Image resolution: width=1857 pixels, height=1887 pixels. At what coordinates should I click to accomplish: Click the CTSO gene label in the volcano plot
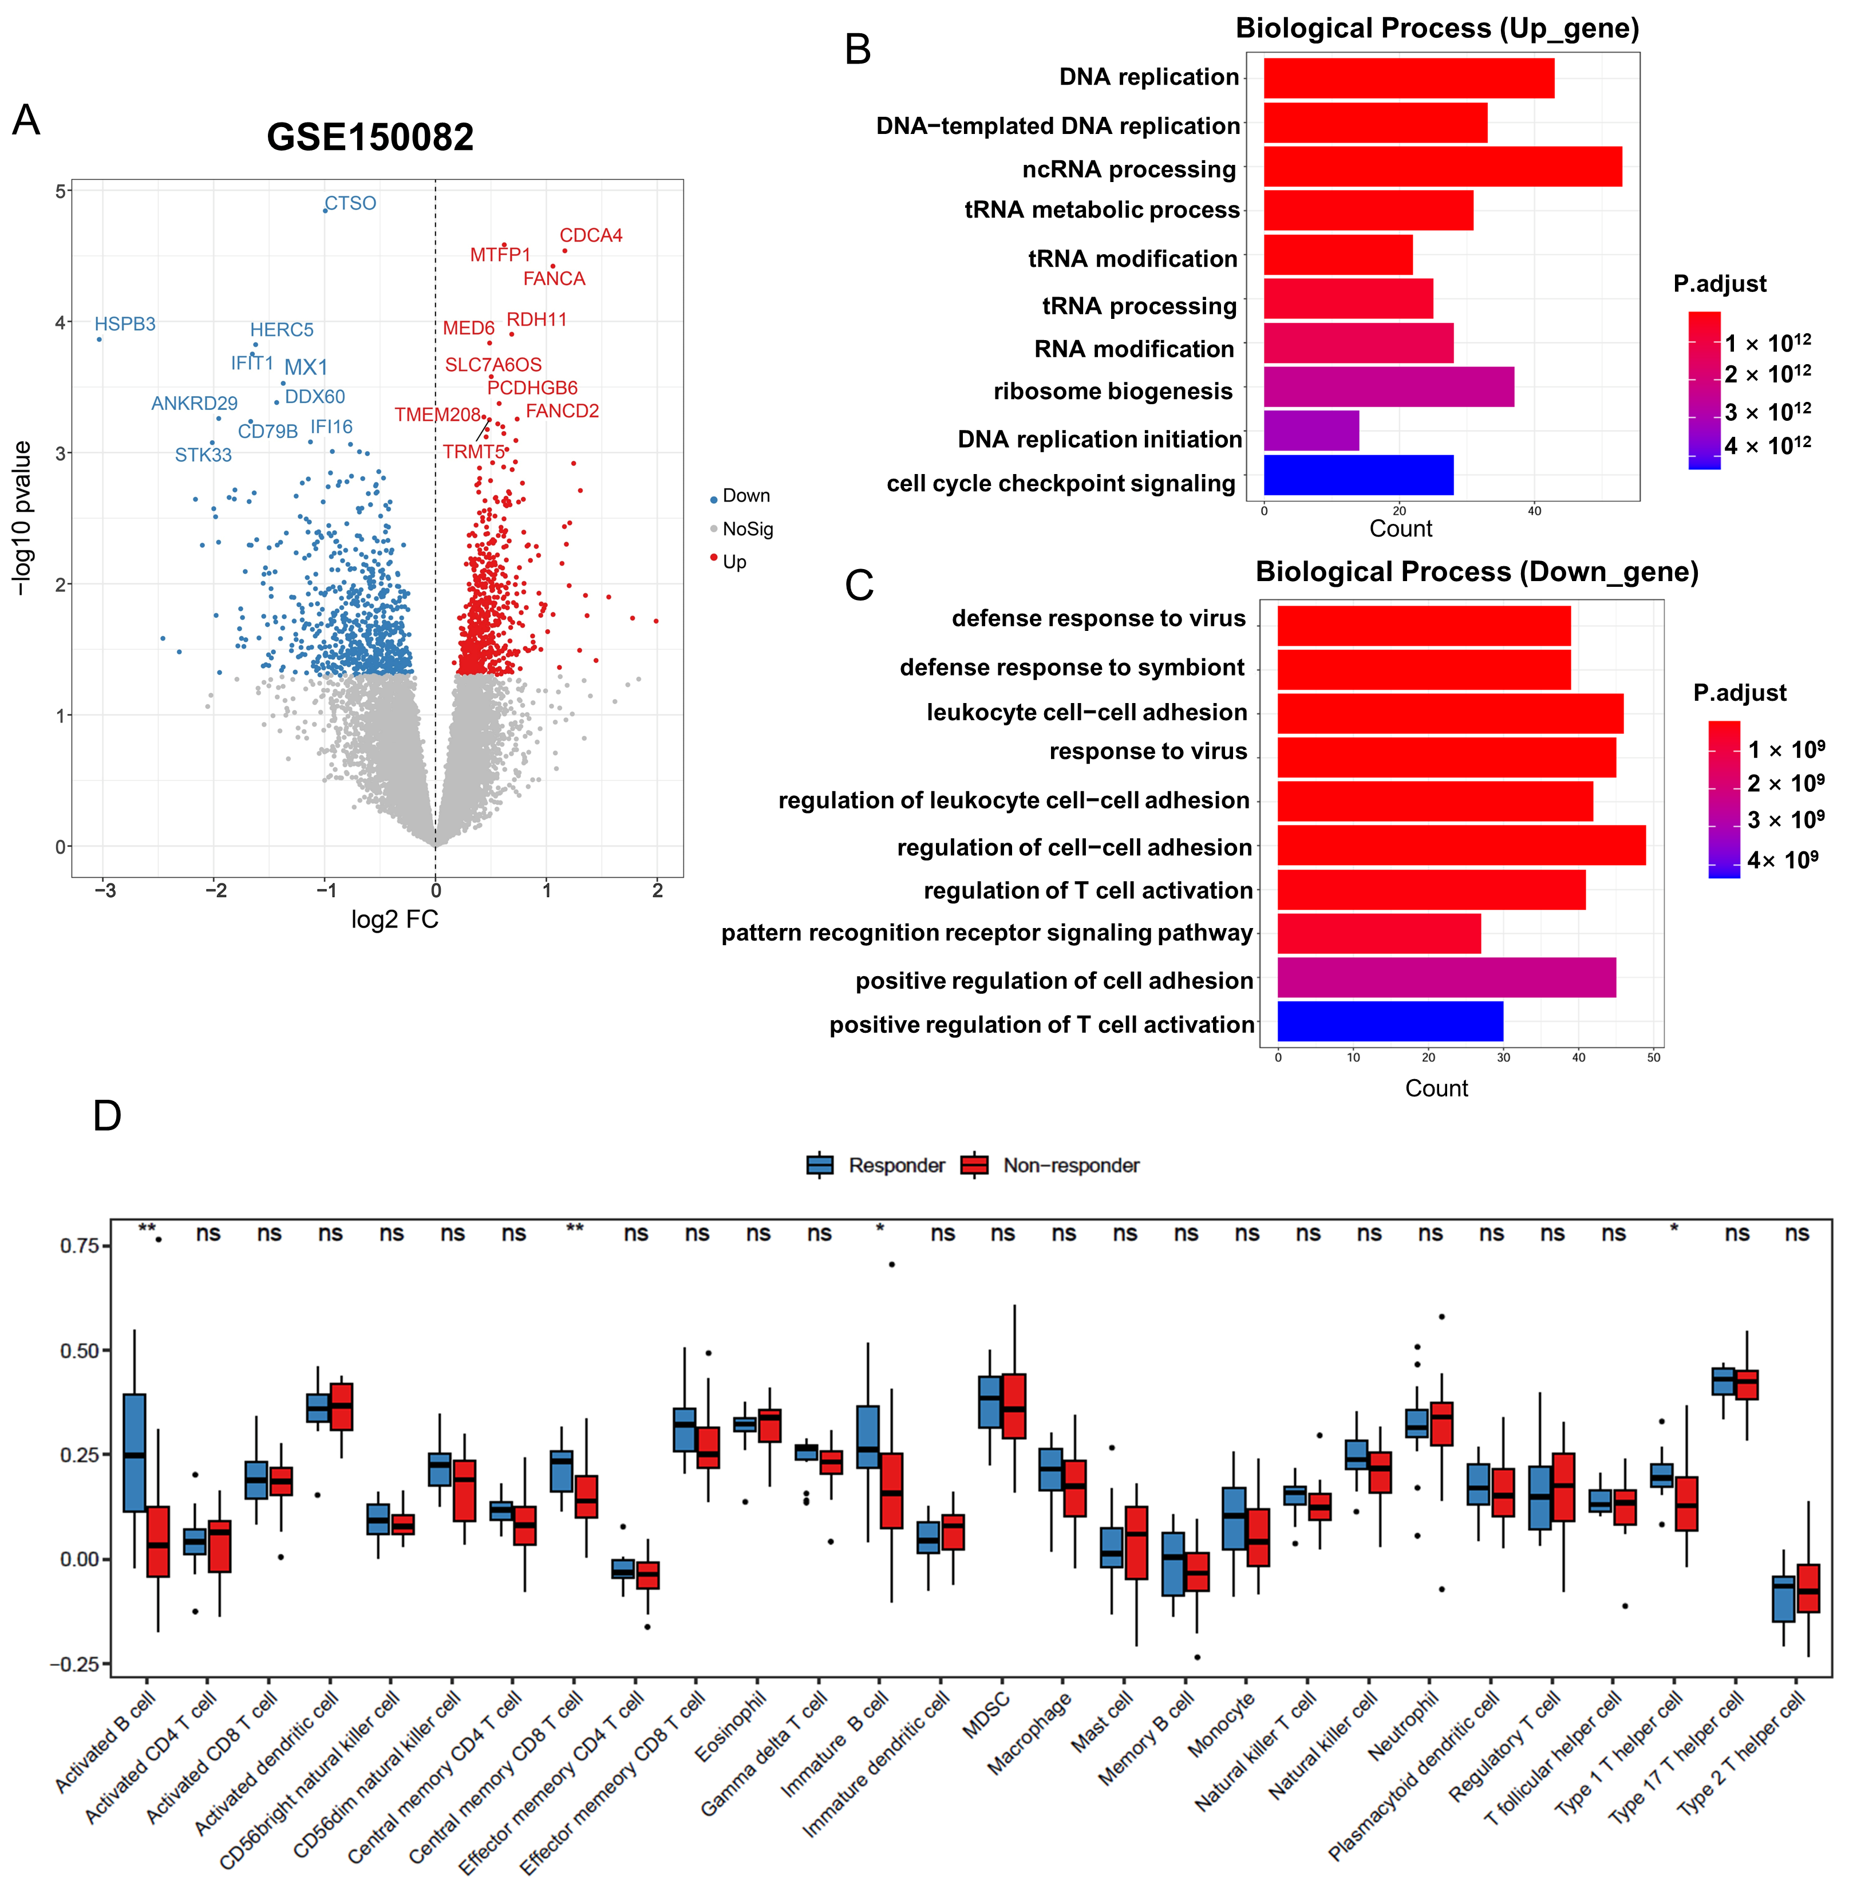[350, 203]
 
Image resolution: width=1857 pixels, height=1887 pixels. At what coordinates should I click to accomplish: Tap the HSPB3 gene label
[125, 324]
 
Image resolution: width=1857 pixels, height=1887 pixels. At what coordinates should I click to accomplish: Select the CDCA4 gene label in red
[590, 235]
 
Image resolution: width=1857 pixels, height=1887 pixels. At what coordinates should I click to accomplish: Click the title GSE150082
[370, 136]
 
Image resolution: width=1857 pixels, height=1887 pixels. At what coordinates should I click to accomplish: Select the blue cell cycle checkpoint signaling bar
[1358, 475]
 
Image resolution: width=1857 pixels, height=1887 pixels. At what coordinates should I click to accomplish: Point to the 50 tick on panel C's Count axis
[1653, 1057]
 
